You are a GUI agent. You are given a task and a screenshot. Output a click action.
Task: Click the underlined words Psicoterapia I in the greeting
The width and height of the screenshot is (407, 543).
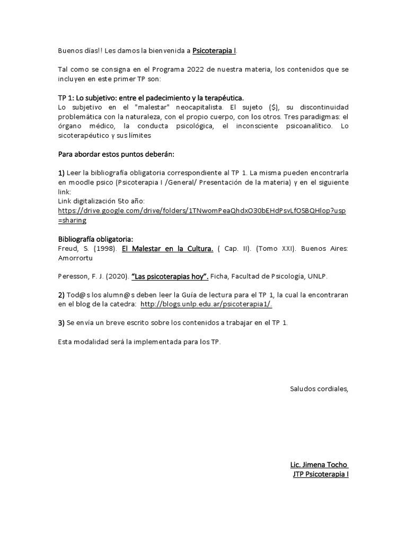coord(215,51)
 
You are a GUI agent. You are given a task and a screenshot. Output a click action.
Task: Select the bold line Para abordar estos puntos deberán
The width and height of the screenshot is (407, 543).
coord(116,154)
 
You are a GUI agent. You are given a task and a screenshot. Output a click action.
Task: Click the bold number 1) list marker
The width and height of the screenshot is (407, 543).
coord(61,173)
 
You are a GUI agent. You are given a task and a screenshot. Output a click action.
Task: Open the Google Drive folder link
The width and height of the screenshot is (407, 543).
coord(201,211)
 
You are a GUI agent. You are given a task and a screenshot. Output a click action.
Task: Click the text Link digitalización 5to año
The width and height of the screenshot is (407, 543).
coord(101,201)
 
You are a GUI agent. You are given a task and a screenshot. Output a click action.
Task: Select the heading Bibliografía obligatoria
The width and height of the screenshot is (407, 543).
coord(95,239)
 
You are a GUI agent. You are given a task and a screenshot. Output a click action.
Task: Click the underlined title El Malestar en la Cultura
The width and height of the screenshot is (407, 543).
coord(167,248)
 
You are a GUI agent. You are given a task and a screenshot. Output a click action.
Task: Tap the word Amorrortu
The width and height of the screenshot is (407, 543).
coord(76,258)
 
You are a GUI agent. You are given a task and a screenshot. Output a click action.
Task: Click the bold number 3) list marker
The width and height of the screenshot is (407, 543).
coord(61,323)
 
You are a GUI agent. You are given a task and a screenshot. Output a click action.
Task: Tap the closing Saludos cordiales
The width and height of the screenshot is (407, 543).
coord(319,389)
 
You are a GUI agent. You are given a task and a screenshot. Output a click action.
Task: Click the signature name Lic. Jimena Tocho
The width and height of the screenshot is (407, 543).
coord(319,465)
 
